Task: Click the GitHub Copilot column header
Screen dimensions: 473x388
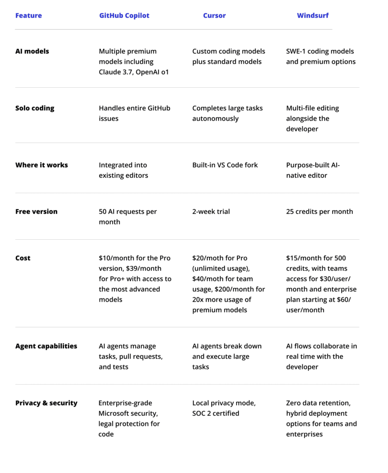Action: [124, 16]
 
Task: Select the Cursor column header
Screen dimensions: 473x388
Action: [214, 16]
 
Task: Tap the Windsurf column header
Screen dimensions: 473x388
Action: [313, 16]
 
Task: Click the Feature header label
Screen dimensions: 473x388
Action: [29, 16]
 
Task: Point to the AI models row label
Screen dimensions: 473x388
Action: [32, 51]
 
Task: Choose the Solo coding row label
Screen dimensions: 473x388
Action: [35, 108]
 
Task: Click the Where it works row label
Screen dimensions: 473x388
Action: [42, 165]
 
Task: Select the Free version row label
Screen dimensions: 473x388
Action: [36, 212]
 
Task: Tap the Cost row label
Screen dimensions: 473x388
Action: [23, 258]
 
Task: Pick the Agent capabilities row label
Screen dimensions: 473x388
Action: [46, 346]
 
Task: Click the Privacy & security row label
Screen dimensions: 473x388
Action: [46, 403]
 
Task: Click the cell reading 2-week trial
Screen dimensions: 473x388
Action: [211, 212]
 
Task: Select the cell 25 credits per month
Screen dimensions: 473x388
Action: [320, 212]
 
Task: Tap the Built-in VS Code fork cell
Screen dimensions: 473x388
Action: [225, 165]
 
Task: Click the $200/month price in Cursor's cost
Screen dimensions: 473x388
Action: [236, 289]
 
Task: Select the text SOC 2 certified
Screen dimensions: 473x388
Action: [216, 413]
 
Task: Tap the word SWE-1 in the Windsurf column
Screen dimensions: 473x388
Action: [297, 51]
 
